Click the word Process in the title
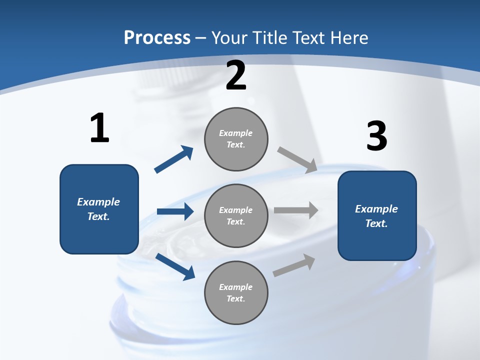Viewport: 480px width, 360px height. tap(157, 38)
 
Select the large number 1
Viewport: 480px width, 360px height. tap(100, 127)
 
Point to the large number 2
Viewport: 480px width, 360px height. tap(236, 75)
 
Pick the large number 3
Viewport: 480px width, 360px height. tap(377, 135)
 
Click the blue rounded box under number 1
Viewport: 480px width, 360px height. tap(99, 209)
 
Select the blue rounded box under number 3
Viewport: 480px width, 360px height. tap(377, 216)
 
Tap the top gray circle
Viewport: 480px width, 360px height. tap(236, 139)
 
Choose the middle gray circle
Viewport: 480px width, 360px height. tap(236, 216)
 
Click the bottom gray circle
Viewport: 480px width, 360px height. tap(236, 292)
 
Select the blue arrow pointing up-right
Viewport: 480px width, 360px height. tap(174, 159)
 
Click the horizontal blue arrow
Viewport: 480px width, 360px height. tap(175, 211)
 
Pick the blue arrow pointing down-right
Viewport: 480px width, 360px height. tap(175, 266)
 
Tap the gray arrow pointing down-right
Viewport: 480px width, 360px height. tap(297, 160)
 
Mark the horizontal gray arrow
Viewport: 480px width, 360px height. tap(296, 210)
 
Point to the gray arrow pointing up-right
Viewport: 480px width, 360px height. tap(294, 265)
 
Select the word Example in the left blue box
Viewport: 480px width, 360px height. tap(98, 202)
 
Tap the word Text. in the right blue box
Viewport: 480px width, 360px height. tap(376, 223)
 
